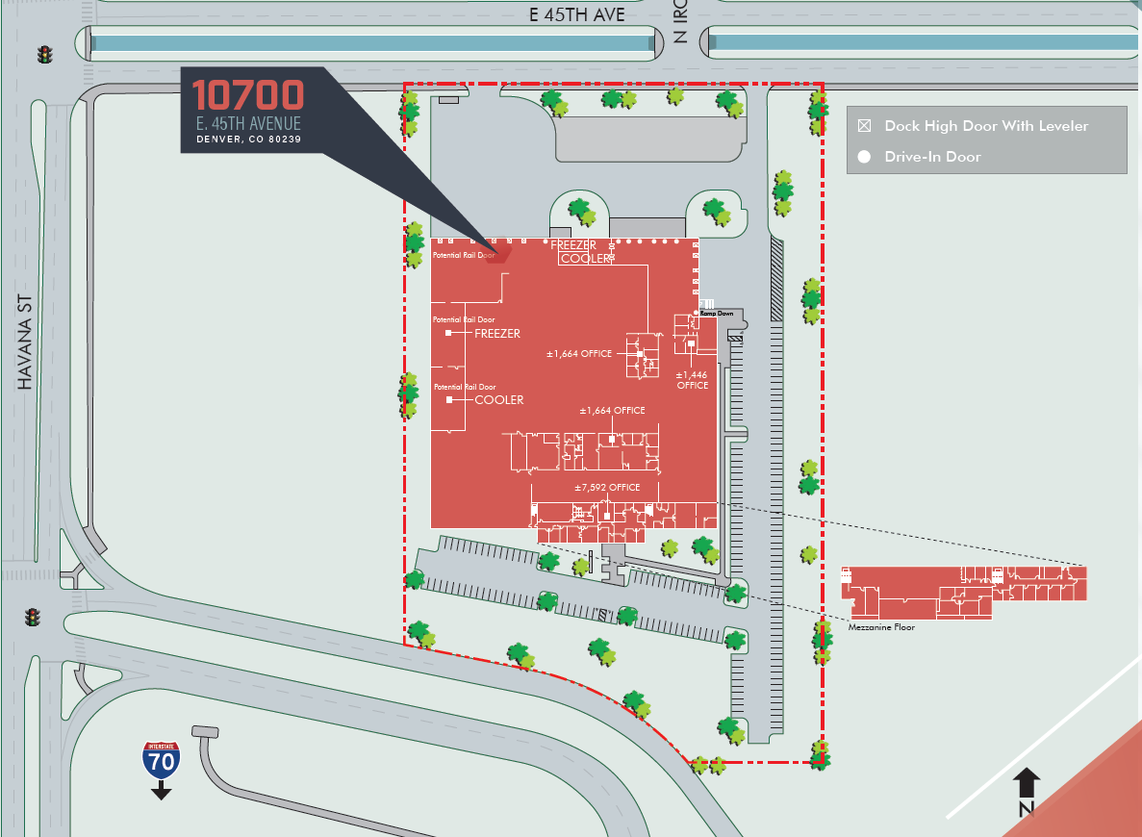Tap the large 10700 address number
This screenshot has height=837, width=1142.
[248, 94]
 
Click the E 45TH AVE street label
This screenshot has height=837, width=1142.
[577, 14]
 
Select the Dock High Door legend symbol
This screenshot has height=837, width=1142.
[864, 126]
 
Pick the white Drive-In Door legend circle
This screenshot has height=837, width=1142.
[864, 156]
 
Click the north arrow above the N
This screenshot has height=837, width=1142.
[1026, 781]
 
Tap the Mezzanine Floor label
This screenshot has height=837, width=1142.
[880, 627]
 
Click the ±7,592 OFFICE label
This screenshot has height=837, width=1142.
[607, 488]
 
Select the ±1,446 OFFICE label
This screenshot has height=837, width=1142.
[692, 380]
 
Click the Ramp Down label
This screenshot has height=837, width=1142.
[717, 314]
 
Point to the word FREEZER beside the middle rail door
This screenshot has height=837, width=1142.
[497, 334]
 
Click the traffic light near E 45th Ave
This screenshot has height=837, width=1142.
[43, 55]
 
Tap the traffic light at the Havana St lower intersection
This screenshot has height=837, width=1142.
[32, 616]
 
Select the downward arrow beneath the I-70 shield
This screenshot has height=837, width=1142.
[161, 791]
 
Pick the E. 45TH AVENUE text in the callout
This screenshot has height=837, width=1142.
[248, 123]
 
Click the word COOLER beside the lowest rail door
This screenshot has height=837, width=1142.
[499, 399]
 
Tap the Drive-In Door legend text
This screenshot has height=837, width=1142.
[932, 156]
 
